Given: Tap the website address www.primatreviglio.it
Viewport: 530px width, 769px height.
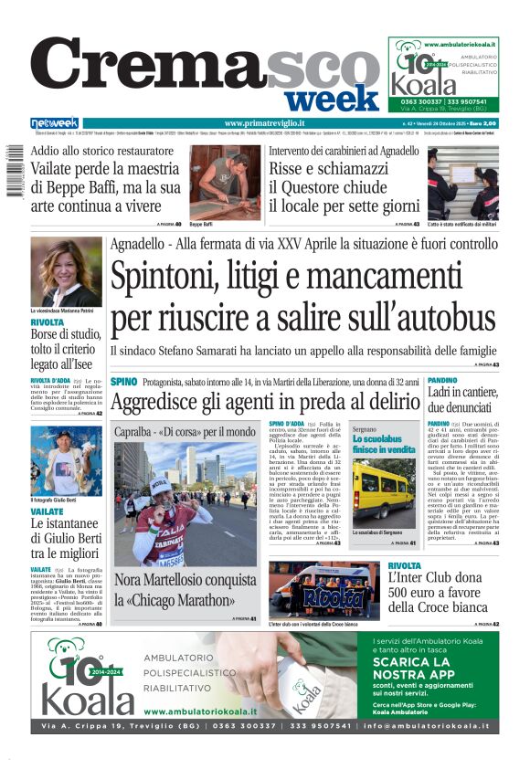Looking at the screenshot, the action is coord(264,123).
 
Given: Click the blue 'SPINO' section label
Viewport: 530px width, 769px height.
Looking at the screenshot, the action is coord(123,381).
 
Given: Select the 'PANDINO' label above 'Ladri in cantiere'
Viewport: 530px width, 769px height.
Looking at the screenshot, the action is coord(442,380).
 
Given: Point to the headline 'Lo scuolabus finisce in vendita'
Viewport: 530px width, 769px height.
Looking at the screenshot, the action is coord(383,445).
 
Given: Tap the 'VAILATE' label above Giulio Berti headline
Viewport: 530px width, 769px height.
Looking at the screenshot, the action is coord(47,512).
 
